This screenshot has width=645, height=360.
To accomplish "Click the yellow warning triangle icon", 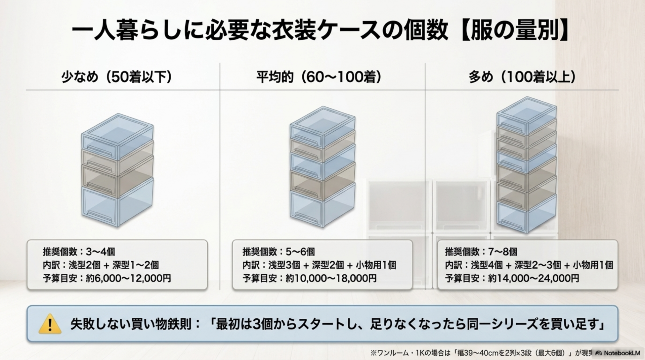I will point(50,324).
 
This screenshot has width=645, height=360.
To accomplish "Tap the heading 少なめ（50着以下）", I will point(117,77).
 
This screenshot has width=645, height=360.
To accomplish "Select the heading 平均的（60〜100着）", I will point(319,77).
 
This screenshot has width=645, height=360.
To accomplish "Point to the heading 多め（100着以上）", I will point(522,77).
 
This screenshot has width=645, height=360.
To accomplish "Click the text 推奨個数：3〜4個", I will point(79,252).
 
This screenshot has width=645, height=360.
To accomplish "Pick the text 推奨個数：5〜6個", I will point(278,252).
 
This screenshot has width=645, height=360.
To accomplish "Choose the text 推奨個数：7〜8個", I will point(481,252).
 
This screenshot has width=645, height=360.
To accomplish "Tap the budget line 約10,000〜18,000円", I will point(331,278).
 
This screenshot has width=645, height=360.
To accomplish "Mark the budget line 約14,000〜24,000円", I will point(533,278).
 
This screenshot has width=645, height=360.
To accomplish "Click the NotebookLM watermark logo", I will point(617,353).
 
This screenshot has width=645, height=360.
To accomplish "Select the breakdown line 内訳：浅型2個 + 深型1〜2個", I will point(101,265).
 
